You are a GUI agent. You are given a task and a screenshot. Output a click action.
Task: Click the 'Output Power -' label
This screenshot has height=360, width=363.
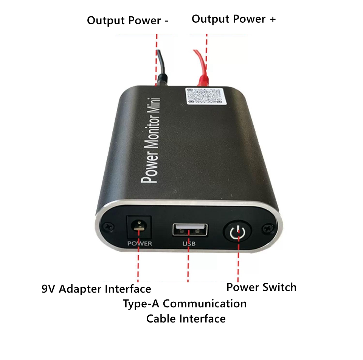[x=127, y=21]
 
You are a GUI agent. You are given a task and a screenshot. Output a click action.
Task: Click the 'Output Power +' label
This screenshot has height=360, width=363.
[x=234, y=19]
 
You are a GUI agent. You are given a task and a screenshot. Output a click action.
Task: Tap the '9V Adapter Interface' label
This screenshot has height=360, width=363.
[x=96, y=289]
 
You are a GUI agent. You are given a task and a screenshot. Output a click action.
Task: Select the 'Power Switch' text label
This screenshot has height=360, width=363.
[x=261, y=287]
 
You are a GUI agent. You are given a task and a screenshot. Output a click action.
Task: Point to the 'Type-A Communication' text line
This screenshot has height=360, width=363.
[x=185, y=304]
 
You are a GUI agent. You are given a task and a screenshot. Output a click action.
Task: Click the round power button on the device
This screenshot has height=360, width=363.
[x=237, y=232]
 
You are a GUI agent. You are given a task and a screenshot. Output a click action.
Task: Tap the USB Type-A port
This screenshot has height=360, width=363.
[x=190, y=230]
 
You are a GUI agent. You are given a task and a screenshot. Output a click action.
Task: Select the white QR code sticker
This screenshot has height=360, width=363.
[x=204, y=96]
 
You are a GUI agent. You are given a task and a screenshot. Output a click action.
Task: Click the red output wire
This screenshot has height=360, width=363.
[x=201, y=67]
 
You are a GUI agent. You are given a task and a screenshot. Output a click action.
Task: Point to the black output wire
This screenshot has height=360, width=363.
[x=161, y=68]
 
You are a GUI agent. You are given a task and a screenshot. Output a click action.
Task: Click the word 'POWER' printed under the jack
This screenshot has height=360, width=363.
[x=140, y=244]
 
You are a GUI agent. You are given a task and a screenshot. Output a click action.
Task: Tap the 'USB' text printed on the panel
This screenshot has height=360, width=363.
[x=189, y=244]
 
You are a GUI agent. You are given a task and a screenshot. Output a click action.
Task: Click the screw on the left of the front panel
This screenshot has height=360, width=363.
[x=109, y=227]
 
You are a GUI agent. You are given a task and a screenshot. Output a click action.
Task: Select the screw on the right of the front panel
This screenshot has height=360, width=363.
[x=268, y=228]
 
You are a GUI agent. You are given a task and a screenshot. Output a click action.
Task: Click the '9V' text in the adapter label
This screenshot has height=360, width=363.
[x=48, y=289]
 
